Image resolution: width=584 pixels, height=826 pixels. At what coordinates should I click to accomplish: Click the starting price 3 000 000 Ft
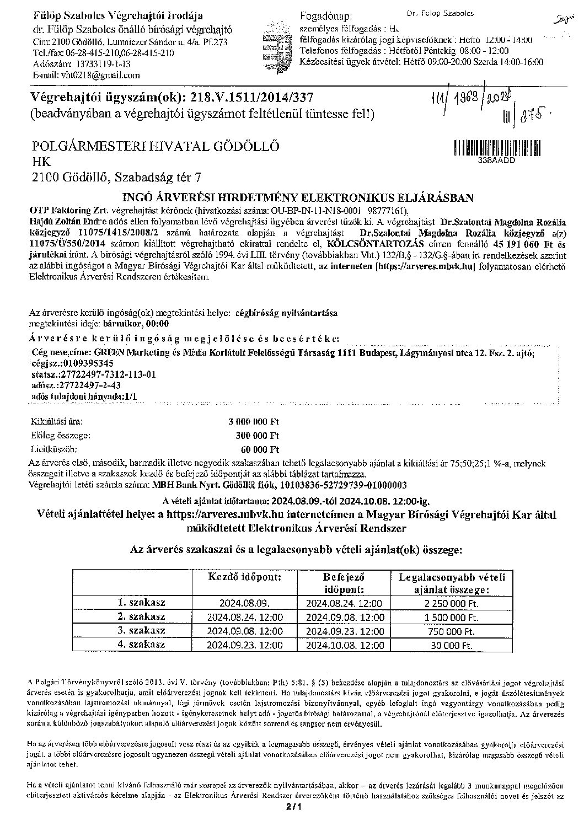pos(254,422)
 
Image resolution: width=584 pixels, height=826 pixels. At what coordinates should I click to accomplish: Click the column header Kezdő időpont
pos(244,577)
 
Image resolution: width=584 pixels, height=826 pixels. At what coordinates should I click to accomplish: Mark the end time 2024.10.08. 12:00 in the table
pos(345,645)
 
